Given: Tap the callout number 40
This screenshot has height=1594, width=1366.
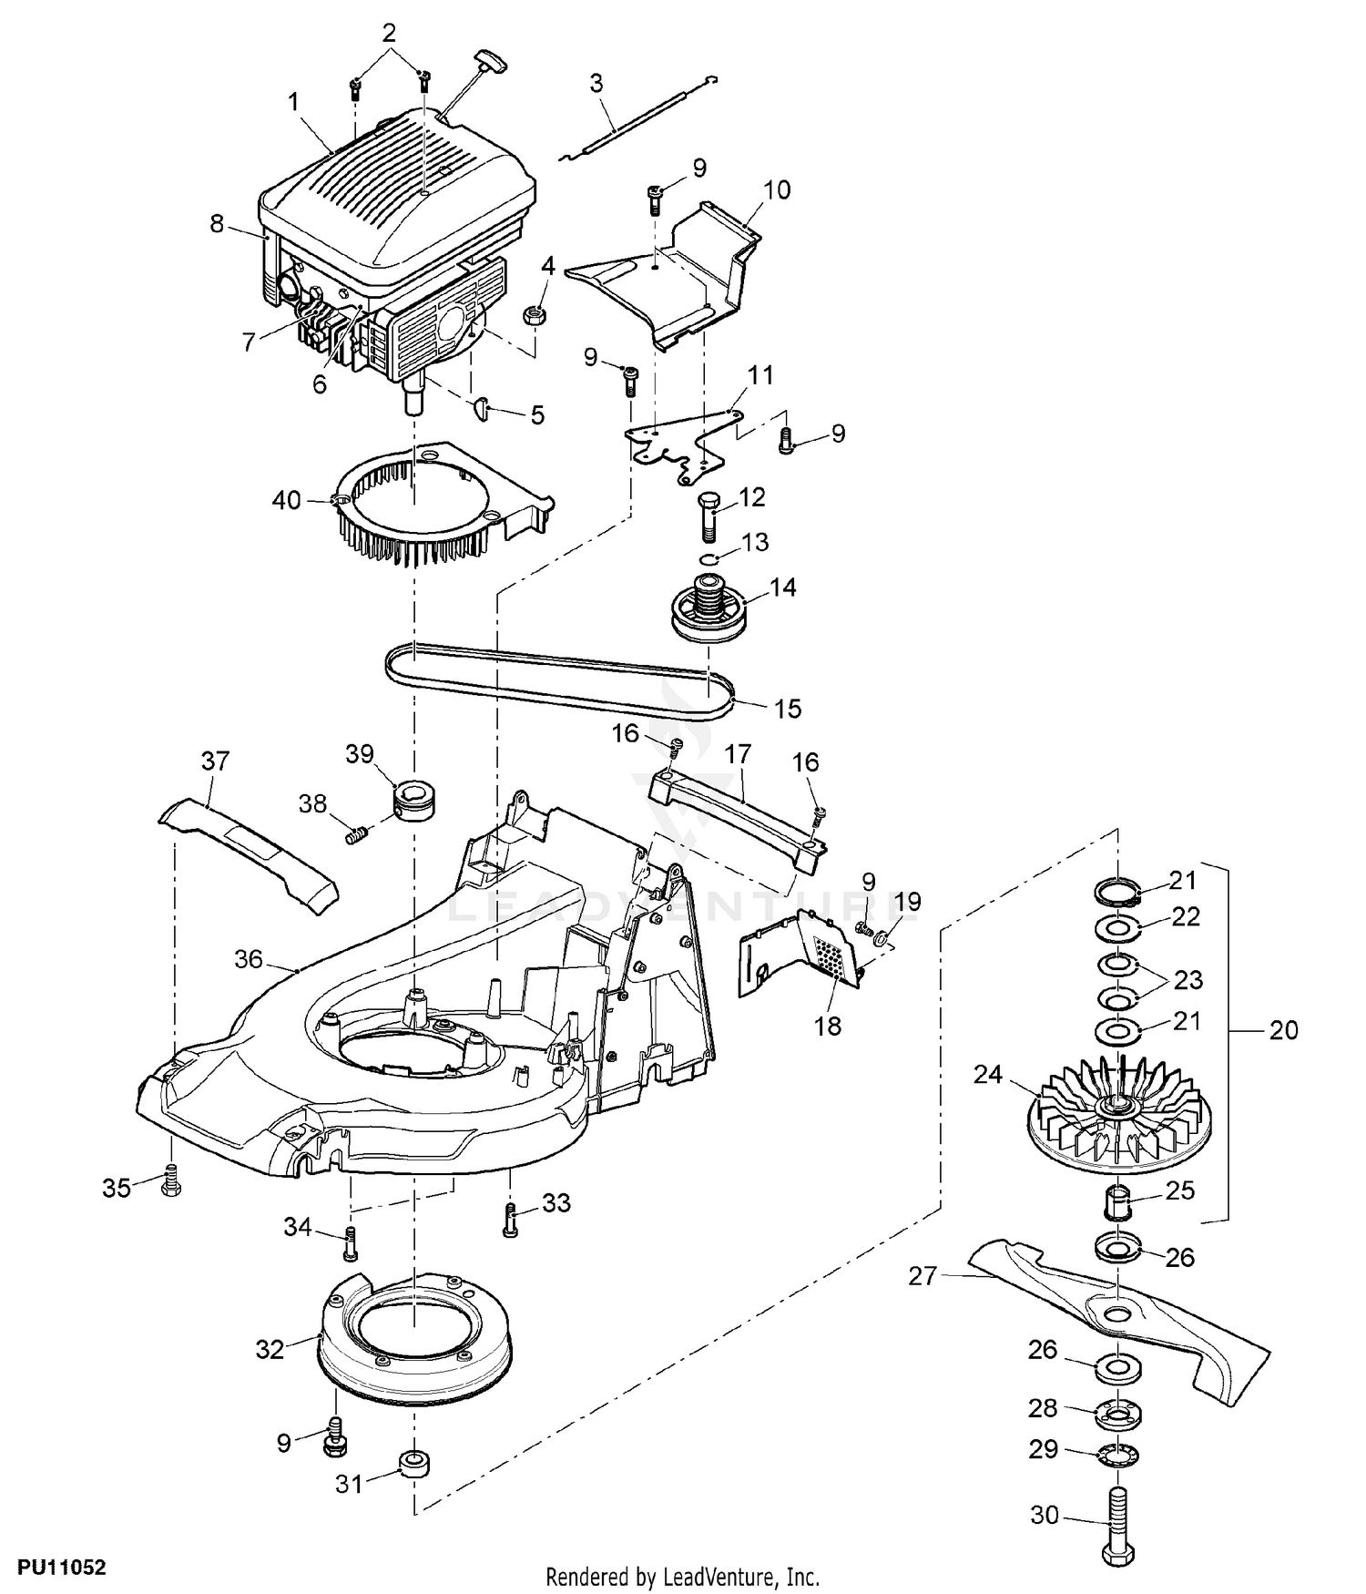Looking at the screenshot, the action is [x=286, y=500].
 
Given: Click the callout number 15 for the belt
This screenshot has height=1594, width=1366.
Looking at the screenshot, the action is [x=787, y=708].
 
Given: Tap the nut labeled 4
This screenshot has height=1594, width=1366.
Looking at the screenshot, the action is [x=534, y=315].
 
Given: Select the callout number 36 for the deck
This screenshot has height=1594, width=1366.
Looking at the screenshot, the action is [x=249, y=958].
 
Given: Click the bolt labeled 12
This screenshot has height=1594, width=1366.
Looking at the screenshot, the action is [x=710, y=516].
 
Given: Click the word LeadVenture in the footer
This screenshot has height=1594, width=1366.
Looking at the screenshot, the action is [x=729, y=1576].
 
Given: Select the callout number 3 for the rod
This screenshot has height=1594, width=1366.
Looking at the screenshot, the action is [x=596, y=84].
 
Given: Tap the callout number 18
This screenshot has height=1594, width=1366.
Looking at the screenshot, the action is [x=828, y=1026].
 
